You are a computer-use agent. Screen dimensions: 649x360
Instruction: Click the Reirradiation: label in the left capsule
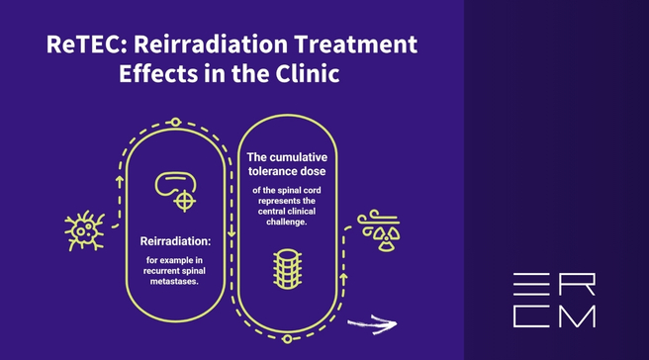click(175, 241)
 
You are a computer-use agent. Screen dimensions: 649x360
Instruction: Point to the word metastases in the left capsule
click(173, 282)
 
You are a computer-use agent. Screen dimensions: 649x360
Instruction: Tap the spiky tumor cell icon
click(84, 230)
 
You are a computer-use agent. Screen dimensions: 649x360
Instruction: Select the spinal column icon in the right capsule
click(287, 269)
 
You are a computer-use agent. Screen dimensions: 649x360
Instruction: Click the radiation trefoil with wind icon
click(378, 230)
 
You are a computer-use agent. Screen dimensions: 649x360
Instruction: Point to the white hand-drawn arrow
click(372, 324)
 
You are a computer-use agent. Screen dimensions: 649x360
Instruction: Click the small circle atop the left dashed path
click(175, 122)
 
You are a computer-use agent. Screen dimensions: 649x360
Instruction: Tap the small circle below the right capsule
click(287, 339)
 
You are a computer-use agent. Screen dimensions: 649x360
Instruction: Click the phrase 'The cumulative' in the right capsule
click(287, 157)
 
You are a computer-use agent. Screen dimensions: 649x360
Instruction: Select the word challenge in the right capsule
click(286, 222)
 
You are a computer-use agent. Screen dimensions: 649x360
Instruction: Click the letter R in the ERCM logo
click(577, 284)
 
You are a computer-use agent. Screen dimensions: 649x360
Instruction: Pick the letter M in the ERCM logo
click(577, 316)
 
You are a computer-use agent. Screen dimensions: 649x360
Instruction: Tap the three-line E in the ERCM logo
click(531, 284)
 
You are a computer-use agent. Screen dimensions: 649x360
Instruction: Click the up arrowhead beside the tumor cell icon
click(120, 181)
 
